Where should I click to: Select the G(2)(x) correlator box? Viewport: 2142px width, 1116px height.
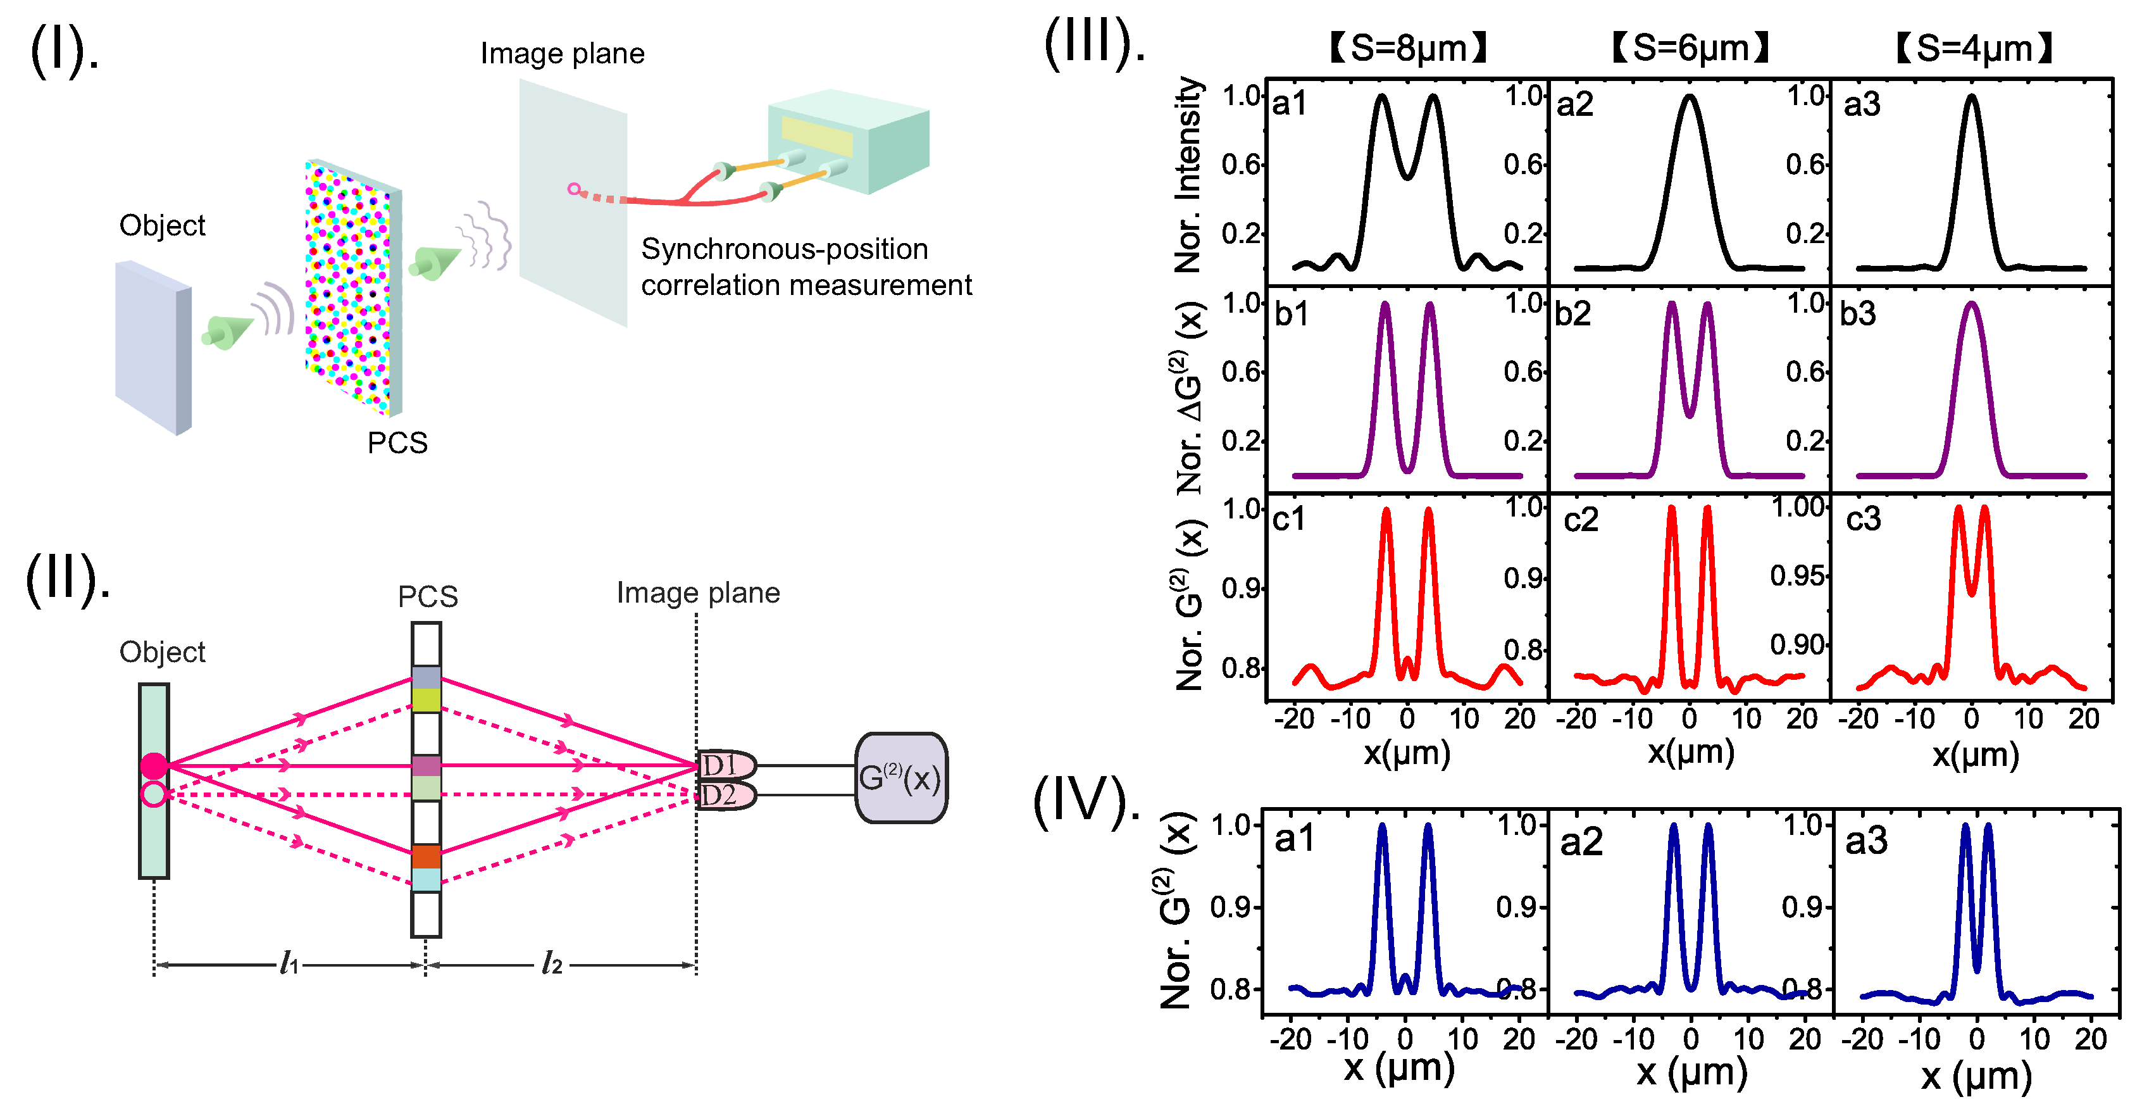(900, 779)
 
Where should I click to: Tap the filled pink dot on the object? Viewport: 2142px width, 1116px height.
(154, 765)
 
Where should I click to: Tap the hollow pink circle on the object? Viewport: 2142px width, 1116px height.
(154, 794)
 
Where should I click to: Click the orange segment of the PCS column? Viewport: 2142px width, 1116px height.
(426, 856)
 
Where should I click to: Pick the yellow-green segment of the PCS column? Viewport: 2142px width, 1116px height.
(426, 699)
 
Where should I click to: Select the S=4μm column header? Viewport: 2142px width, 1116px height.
(1973, 47)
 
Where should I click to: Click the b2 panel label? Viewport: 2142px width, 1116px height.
(1572, 313)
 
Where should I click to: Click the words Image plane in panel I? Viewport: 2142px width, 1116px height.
(562, 53)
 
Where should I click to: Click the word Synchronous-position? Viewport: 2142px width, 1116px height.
(784, 249)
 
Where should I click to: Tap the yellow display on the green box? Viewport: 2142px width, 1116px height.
(816, 136)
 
